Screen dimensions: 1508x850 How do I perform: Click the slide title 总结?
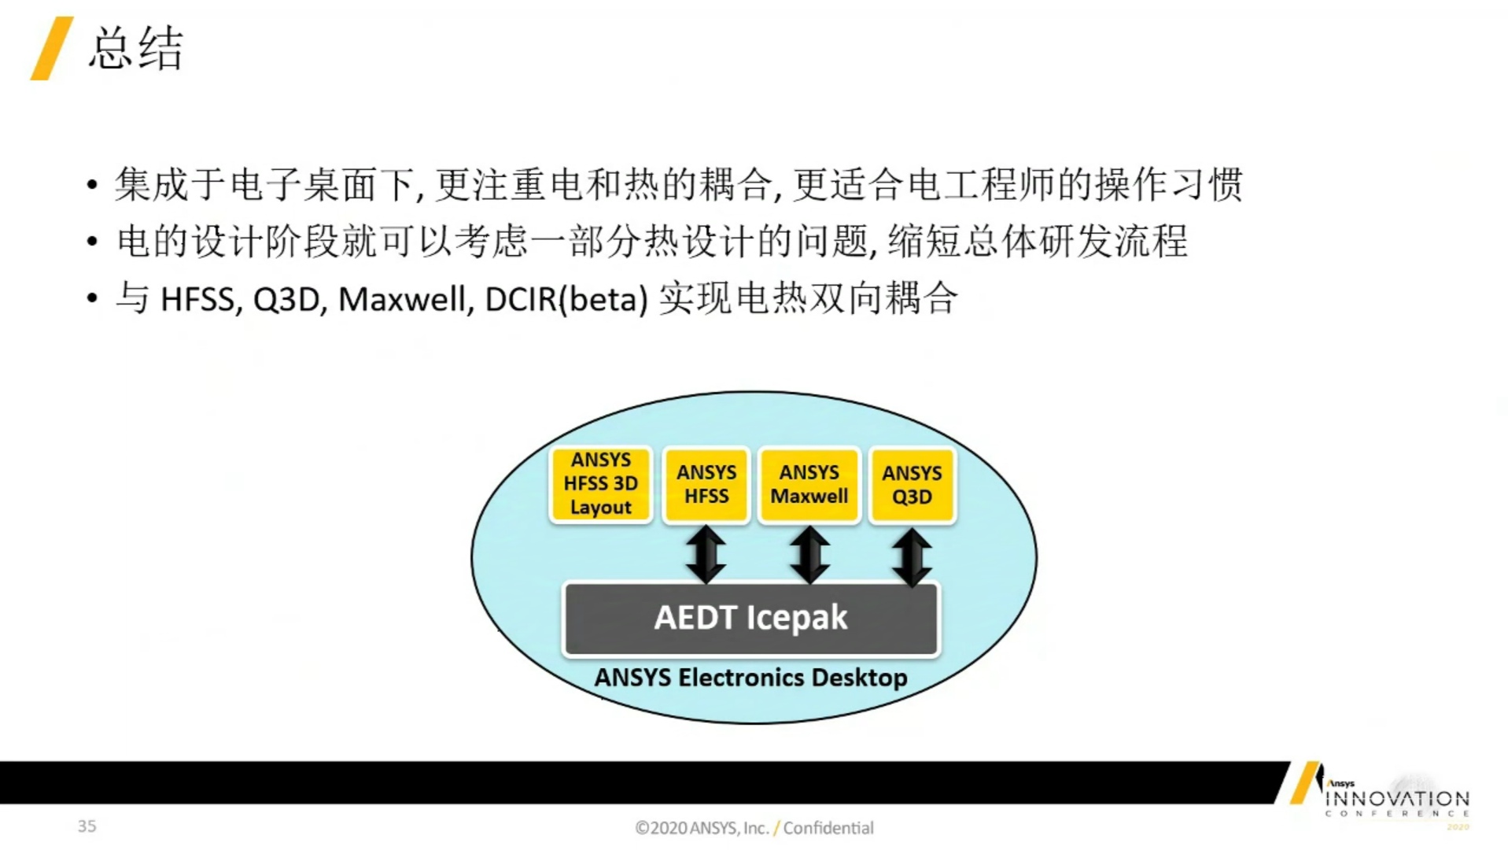tap(136, 49)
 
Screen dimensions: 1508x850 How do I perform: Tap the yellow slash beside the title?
tap(51, 49)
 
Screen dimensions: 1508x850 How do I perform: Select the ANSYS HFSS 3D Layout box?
tap(601, 484)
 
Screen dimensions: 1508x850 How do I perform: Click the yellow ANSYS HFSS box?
tap(706, 485)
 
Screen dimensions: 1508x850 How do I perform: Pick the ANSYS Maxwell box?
tap(809, 485)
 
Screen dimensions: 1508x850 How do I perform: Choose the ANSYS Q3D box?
tap(912, 485)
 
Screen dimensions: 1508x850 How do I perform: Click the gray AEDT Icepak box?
tap(751, 619)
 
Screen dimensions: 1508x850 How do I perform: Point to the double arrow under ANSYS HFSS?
tap(706, 554)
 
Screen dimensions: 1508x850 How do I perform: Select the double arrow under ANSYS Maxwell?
tap(809, 554)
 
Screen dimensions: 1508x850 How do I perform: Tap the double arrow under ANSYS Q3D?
tap(913, 557)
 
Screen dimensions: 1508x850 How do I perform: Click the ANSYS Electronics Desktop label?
tap(751, 678)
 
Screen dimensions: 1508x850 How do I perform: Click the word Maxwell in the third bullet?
tap(401, 300)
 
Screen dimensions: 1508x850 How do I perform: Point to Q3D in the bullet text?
tap(286, 300)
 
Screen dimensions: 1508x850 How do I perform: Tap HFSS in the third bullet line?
tap(197, 300)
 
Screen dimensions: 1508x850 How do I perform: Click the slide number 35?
tap(87, 826)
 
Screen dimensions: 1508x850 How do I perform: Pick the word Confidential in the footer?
tap(828, 828)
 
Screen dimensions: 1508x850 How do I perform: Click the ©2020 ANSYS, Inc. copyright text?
tap(702, 828)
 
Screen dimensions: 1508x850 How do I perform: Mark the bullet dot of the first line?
tap(93, 186)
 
